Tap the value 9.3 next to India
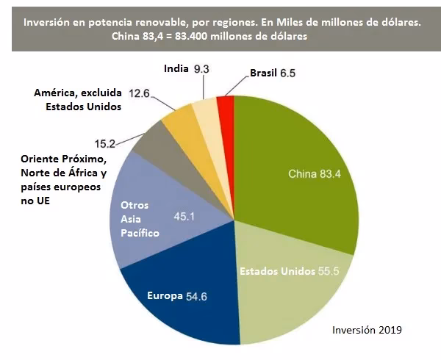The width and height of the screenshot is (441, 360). (x=201, y=68)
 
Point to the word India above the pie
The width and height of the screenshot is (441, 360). (x=175, y=68)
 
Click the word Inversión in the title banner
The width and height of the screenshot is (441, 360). (x=50, y=23)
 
